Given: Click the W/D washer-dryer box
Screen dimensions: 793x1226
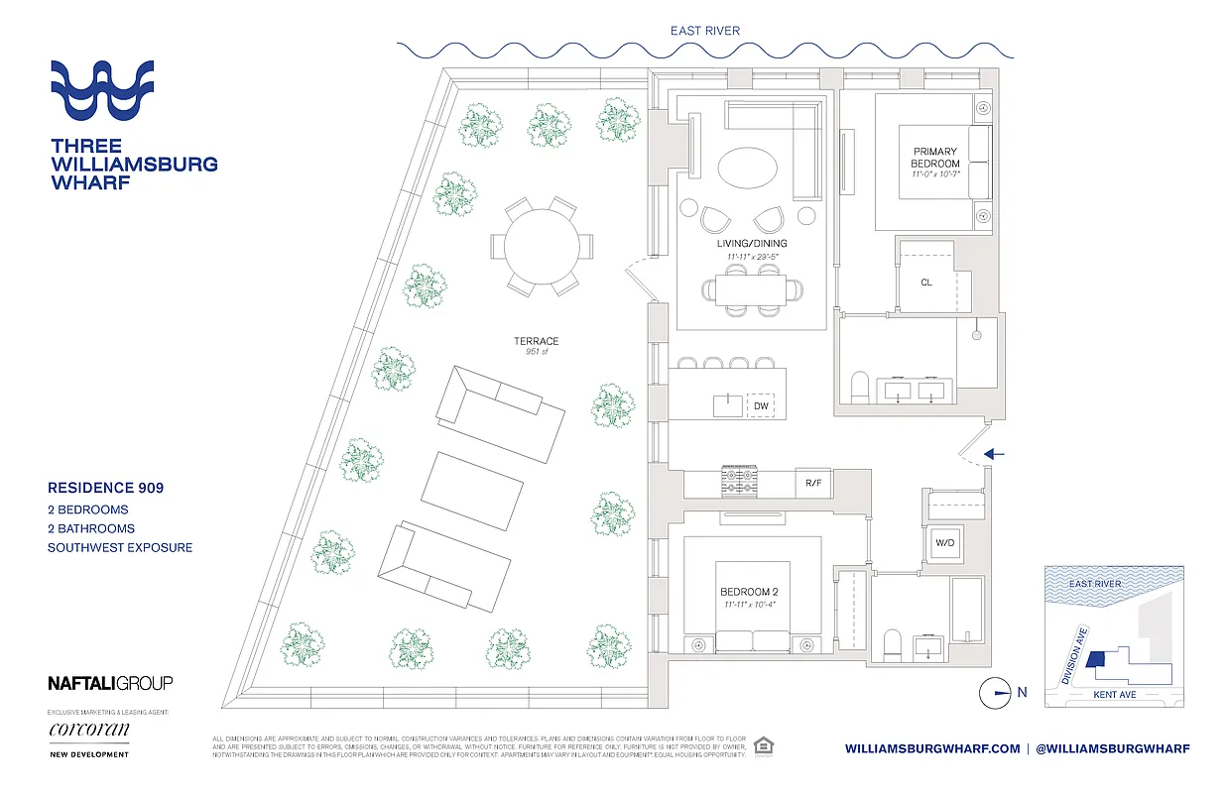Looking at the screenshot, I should pyautogui.click(x=943, y=542).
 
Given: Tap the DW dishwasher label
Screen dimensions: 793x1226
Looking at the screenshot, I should pyautogui.click(x=761, y=406).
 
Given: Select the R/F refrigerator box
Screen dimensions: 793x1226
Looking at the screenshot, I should pyautogui.click(x=812, y=483).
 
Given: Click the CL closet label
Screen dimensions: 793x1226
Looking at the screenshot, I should pyautogui.click(x=925, y=283).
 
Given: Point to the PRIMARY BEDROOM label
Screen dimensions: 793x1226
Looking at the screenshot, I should pyautogui.click(x=935, y=158).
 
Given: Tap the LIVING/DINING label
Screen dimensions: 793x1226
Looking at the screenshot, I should pyautogui.click(x=751, y=243).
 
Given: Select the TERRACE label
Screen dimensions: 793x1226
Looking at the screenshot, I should pyautogui.click(x=536, y=341).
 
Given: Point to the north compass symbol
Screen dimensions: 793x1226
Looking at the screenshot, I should pyautogui.click(x=994, y=694).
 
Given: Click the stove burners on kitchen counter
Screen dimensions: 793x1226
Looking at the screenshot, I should pyautogui.click(x=738, y=483).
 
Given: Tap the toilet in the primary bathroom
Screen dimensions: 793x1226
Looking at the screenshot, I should pyautogui.click(x=861, y=387).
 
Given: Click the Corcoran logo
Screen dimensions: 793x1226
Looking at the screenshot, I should pyautogui.click(x=88, y=731).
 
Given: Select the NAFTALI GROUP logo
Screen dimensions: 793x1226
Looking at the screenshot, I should pyautogui.click(x=110, y=683).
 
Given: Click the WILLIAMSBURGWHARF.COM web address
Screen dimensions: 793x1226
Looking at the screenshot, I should pyautogui.click(x=931, y=748).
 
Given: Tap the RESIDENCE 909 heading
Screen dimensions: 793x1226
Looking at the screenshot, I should pyautogui.click(x=106, y=488).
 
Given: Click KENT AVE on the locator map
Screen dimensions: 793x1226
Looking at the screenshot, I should pyautogui.click(x=1113, y=695).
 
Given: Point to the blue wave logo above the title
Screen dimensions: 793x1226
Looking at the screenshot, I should pyautogui.click(x=102, y=90).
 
